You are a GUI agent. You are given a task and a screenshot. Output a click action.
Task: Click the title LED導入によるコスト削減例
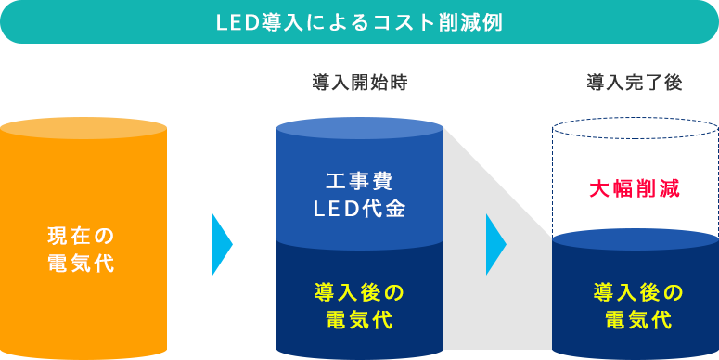358,22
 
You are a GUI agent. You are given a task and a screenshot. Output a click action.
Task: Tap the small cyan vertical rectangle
223,244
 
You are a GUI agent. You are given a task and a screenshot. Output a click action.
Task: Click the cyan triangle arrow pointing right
495,245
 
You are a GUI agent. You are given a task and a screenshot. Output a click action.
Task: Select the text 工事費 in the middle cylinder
359,180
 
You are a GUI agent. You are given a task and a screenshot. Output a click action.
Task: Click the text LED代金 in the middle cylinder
359,209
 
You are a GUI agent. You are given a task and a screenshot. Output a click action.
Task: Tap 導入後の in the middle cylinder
359,293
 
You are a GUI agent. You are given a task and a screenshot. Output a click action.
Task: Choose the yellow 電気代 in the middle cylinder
359,321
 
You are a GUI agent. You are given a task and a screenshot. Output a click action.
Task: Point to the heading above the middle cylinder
359,84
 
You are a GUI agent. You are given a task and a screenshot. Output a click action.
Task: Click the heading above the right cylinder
635,84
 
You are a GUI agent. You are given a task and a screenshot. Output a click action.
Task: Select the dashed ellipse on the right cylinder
635,128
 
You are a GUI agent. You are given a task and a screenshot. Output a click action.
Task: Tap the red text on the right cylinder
635,188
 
